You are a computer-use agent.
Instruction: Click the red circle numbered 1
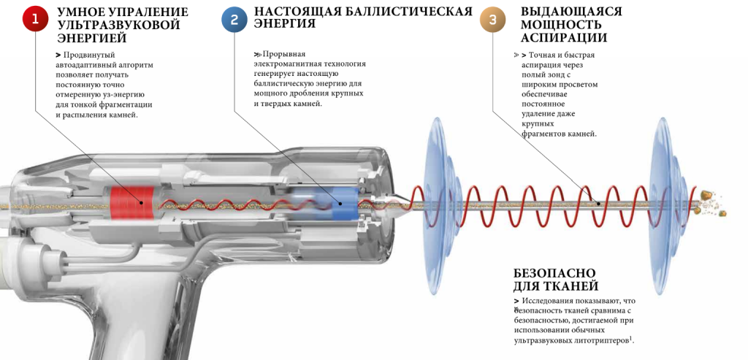click(34, 20)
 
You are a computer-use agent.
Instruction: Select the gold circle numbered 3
click(492, 20)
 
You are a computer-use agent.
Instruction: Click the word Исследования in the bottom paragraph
click(553, 301)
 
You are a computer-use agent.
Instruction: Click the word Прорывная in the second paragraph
click(283, 55)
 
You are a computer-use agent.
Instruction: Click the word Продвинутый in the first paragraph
click(89, 55)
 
